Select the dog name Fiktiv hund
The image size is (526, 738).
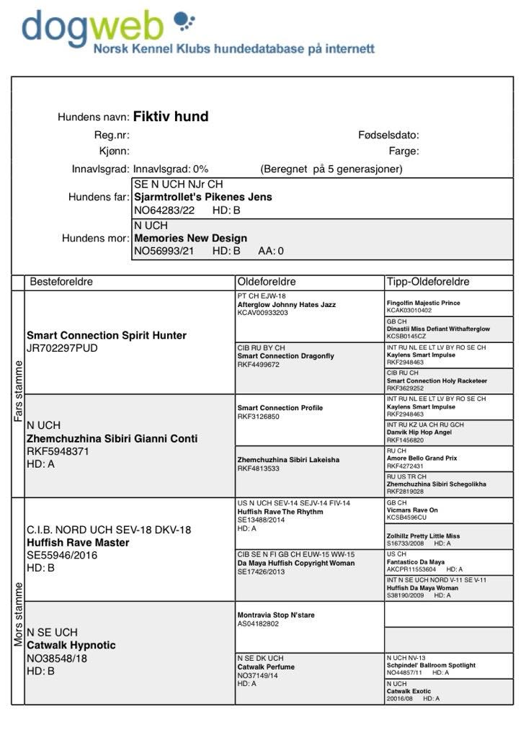click(x=171, y=116)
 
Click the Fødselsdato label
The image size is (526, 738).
click(x=388, y=135)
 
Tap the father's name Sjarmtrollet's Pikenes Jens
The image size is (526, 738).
click(x=203, y=197)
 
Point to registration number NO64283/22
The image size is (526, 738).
click(x=164, y=210)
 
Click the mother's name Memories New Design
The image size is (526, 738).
click(x=190, y=238)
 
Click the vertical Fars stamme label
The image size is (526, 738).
click(x=18, y=392)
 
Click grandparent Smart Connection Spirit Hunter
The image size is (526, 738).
click(x=107, y=335)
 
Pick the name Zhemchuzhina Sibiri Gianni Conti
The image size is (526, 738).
click(x=112, y=438)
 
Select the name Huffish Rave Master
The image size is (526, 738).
click(x=78, y=542)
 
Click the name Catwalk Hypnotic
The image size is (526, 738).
click(x=71, y=645)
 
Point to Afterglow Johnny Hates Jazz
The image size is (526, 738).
click(x=286, y=305)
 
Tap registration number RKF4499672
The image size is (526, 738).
click(x=258, y=365)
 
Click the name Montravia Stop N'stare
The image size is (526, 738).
click(x=276, y=615)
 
